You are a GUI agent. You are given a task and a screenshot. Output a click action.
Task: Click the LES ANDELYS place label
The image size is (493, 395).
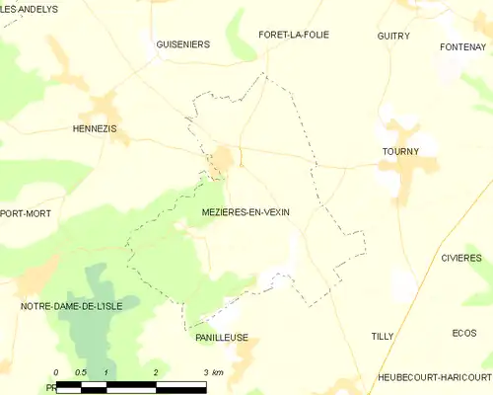point(30,9)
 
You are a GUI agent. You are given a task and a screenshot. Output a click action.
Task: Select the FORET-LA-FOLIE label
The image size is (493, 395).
point(293,35)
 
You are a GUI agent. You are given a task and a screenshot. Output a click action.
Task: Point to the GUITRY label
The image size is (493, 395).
point(393,36)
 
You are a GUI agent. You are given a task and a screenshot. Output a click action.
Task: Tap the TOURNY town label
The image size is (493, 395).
point(400,151)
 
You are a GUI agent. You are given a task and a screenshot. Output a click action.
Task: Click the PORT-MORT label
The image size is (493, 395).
point(25,212)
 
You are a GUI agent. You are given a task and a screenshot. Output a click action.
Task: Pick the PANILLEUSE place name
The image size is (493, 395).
point(221,337)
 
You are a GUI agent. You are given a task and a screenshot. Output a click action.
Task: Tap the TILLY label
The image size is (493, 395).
point(383,337)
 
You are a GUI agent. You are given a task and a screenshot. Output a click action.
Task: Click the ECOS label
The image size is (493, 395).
point(463,333)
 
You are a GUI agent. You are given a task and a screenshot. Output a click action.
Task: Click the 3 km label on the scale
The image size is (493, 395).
point(212,372)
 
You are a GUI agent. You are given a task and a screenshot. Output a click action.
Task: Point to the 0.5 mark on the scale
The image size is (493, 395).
point(81,372)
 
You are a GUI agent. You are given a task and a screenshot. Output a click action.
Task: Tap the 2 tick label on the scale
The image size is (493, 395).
point(156,372)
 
